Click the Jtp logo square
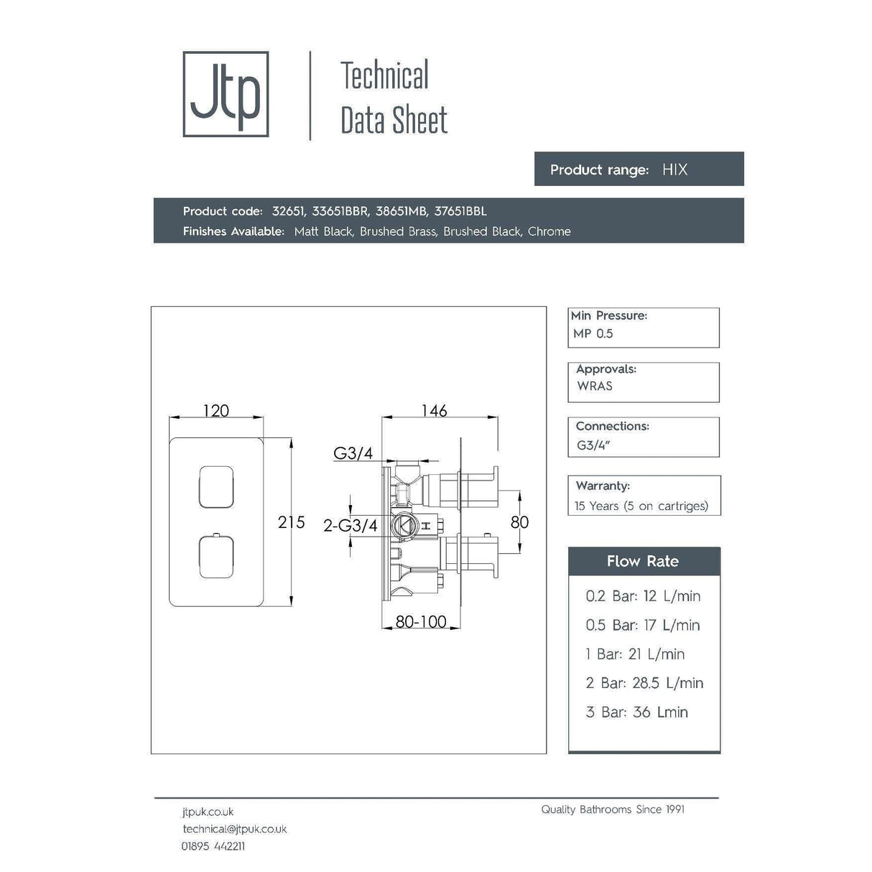[x=226, y=94]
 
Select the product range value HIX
[x=674, y=170]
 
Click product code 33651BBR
[x=340, y=211]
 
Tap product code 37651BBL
[x=460, y=211]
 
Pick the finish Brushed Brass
[x=398, y=231]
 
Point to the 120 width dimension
[x=215, y=411]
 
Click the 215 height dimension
[x=291, y=522]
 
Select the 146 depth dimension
[x=434, y=410]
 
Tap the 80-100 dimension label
[x=421, y=621]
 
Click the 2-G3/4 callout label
[x=350, y=526]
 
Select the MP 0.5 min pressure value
[x=593, y=333]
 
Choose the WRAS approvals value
[x=595, y=386]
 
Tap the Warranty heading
[x=603, y=486]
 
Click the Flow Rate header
[x=643, y=562]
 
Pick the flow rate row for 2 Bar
[x=644, y=683]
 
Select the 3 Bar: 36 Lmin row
[x=637, y=713]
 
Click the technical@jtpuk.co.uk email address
[x=234, y=829]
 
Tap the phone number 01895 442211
[x=213, y=846]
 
